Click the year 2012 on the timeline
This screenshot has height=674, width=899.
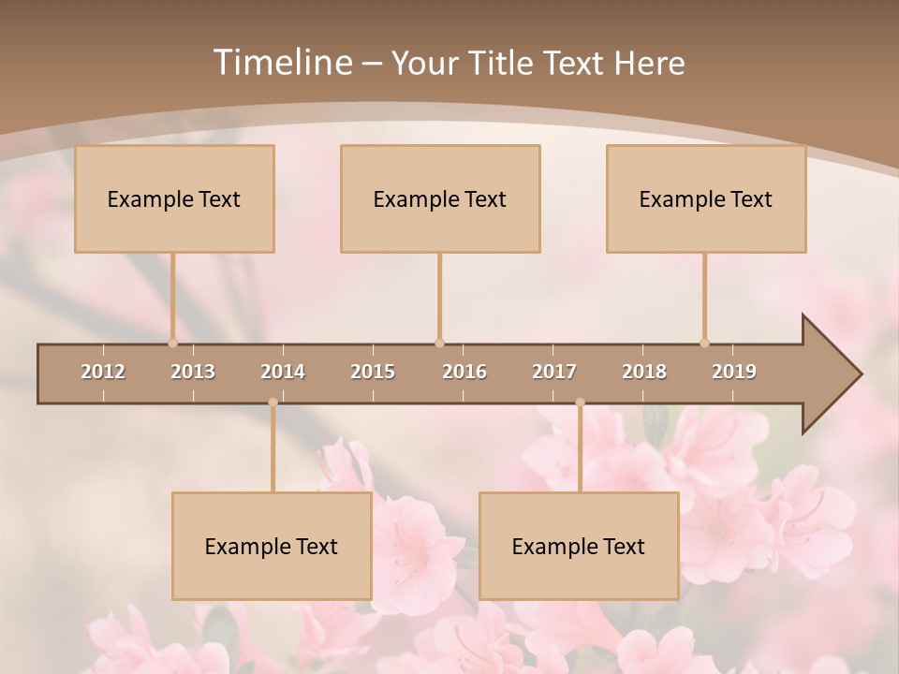(103, 372)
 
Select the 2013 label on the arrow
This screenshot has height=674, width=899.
(193, 372)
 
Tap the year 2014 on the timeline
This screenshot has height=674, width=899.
(283, 372)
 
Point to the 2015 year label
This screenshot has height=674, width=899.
(373, 372)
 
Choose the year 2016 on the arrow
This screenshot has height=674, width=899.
(464, 372)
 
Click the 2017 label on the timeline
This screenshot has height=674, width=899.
(554, 372)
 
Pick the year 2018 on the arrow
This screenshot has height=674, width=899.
(644, 372)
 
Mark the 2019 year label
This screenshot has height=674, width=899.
(734, 372)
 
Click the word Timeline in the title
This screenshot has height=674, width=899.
(281, 63)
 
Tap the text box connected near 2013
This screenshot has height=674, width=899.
(174, 198)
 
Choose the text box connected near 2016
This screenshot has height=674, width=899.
(440, 198)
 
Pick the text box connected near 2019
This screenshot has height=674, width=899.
(706, 198)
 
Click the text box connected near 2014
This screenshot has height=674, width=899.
(272, 546)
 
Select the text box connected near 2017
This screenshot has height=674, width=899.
(579, 546)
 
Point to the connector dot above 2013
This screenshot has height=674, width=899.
(172, 343)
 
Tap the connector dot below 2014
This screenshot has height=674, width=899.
(273, 403)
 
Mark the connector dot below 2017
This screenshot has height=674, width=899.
(580, 403)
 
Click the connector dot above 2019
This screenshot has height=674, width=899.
(704, 343)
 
